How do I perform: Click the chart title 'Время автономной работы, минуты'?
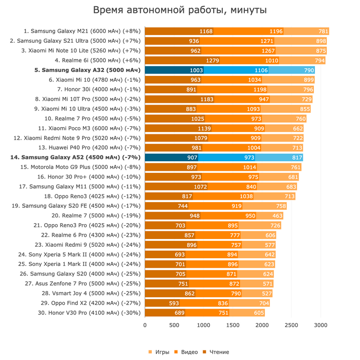point(180,10)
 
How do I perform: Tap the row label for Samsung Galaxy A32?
point(88,70)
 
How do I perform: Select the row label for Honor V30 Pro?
point(89,313)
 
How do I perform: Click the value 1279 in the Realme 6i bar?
point(212,60)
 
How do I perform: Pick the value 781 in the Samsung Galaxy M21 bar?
point(323,32)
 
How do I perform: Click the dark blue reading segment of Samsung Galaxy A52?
point(171,157)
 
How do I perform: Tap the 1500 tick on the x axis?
point(233,325)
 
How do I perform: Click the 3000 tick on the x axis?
point(320,325)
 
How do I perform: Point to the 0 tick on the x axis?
point(145,325)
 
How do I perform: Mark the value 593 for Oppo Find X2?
point(174,303)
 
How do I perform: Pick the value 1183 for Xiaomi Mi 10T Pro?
point(207,99)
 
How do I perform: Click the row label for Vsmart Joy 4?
point(91,293)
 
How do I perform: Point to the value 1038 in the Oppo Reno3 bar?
point(246,196)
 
